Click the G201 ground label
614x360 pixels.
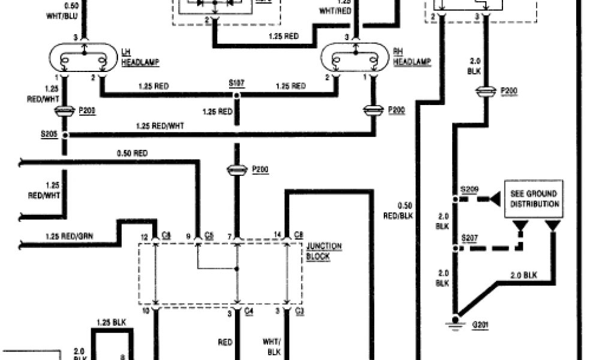[480, 324]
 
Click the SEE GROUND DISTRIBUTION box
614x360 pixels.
[534, 199]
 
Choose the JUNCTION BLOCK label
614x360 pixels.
[324, 251]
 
